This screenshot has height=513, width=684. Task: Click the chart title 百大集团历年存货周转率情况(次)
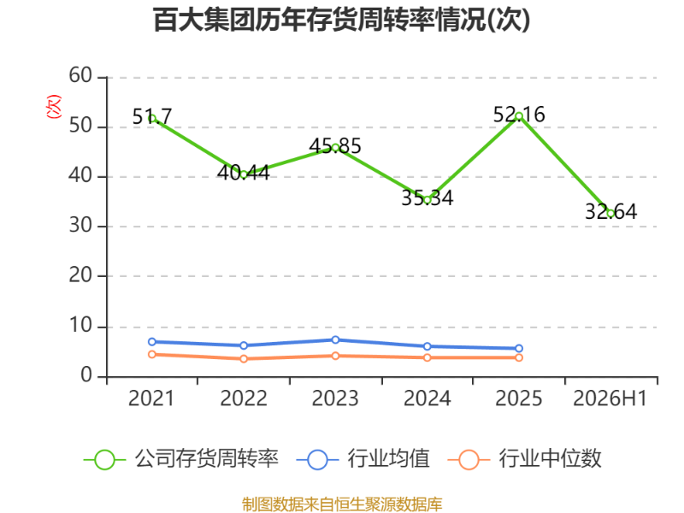tap(341, 20)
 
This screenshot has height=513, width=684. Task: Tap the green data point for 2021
tap(152, 118)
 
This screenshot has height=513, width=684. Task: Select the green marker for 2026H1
tap(610, 213)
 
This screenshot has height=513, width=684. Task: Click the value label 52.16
tap(519, 115)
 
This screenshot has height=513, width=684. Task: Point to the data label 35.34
tap(427, 198)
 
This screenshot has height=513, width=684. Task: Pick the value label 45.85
tap(335, 145)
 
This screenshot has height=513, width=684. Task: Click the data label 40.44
tap(244, 173)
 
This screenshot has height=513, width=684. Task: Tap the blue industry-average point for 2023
tap(335, 339)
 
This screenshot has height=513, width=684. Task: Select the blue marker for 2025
tap(519, 348)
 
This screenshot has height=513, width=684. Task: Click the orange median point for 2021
tap(152, 354)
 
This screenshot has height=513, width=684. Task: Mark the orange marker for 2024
tap(427, 357)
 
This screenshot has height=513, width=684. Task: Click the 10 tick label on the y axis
tap(80, 326)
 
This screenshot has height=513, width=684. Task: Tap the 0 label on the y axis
tap(86, 375)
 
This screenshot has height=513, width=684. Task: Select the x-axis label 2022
tap(244, 398)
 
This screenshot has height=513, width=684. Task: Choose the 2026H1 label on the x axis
tap(610, 398)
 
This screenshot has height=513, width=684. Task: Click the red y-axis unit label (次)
tap(54, 106)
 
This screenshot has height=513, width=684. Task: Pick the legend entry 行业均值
tap(363, 459)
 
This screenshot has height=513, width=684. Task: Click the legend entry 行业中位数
tap(525, 459)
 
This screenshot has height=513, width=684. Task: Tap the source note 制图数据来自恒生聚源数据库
tap(342, 504)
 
